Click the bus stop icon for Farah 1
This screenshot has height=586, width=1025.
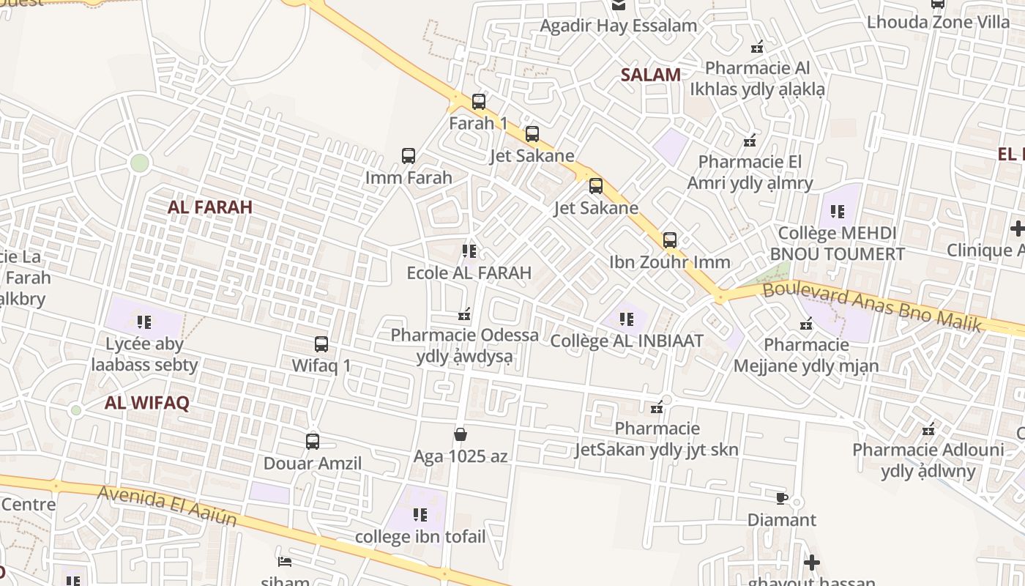479,102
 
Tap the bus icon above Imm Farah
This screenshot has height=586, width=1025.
409,156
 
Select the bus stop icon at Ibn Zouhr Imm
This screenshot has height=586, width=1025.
669,240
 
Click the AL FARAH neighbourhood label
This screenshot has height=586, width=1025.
210,207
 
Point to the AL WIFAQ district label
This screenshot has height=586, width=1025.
147,402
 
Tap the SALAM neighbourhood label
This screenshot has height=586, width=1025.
651,75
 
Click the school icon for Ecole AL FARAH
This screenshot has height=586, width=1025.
469,251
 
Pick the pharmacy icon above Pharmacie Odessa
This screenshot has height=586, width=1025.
463,314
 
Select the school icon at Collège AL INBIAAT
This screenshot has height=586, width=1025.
627,319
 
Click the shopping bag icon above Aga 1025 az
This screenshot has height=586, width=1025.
461,434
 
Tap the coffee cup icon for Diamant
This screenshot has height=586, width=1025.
782,498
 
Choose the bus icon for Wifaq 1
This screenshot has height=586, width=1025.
321,344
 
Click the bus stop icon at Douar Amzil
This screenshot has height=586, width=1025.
313,442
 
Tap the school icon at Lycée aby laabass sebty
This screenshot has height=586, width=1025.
144,322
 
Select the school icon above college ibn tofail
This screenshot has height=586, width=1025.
420,515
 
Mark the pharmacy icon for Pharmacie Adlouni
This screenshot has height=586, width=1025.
928,429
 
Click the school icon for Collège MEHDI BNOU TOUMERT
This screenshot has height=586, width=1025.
838,212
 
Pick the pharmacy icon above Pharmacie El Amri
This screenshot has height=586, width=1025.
750,140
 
